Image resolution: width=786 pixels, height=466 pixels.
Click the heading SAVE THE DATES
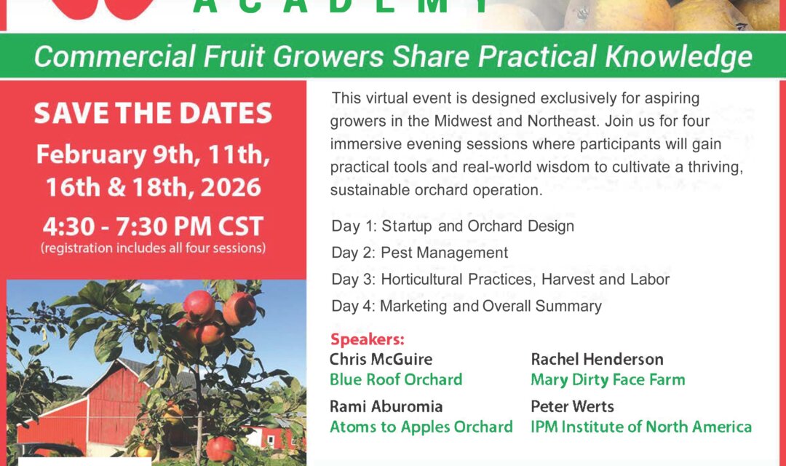(153, 114)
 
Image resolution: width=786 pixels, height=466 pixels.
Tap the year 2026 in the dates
(231, 188)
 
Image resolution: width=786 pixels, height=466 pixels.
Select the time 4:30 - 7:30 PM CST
(153, 226)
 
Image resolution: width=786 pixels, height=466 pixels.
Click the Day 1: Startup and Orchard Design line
(453, 226)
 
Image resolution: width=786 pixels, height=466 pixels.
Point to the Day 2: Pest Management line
(420, 253)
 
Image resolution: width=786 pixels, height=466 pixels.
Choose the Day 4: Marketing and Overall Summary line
(467, 306)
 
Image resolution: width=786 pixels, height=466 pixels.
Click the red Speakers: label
(368, 339)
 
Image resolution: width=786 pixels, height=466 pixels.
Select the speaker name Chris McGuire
(381, 359)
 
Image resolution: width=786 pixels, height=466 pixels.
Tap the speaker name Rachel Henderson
(597, 359)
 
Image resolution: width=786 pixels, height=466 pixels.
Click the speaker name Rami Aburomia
(386, 406)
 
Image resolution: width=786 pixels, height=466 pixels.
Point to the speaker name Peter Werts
(572, 406)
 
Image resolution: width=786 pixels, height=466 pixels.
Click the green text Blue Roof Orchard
(396, 380)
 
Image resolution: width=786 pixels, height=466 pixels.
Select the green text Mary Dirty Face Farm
(608, 380)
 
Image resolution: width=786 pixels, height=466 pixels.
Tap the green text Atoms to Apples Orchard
(421, 427)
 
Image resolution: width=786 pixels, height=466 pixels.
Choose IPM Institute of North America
(641, 427)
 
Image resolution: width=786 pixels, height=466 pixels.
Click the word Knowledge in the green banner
(679, 57)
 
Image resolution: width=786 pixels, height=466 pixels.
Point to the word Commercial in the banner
(115, 56)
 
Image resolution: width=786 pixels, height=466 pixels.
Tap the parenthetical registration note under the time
(153, 248)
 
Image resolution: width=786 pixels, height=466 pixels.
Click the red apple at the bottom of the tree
(221, 448)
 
